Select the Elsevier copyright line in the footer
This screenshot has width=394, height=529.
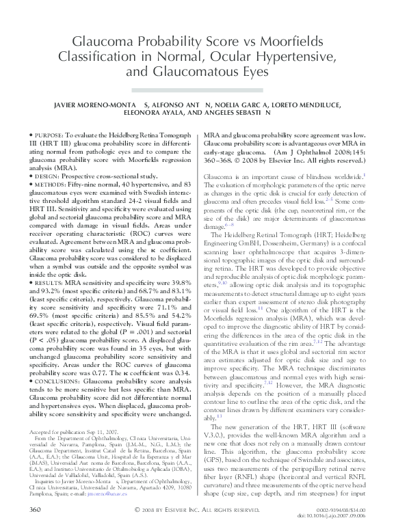point(196,511)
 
